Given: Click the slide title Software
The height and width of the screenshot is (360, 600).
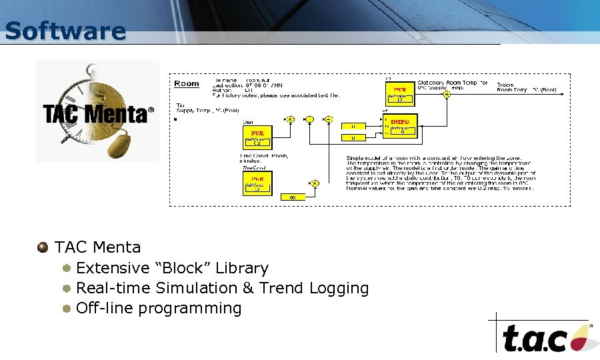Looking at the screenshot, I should coord(65,31).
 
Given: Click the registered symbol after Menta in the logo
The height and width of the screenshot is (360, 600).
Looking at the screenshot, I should coord(151,109).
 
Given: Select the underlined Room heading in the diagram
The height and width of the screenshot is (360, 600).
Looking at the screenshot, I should coord(187,83).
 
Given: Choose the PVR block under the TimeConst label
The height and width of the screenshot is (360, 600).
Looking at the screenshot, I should coord(257,182).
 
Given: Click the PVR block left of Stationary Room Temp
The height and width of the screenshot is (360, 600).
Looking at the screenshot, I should coord(400,94).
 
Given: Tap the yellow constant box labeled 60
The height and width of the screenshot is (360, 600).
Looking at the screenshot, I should coord(293,197).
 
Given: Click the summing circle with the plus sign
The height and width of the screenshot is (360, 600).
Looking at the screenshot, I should coord(309,119).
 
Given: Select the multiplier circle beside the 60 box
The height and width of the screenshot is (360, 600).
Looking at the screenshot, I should coord(315,183).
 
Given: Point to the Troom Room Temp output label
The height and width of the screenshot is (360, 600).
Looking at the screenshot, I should coord(526,87).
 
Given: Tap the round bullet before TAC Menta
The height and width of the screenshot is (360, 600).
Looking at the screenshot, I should coord(43,247).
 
